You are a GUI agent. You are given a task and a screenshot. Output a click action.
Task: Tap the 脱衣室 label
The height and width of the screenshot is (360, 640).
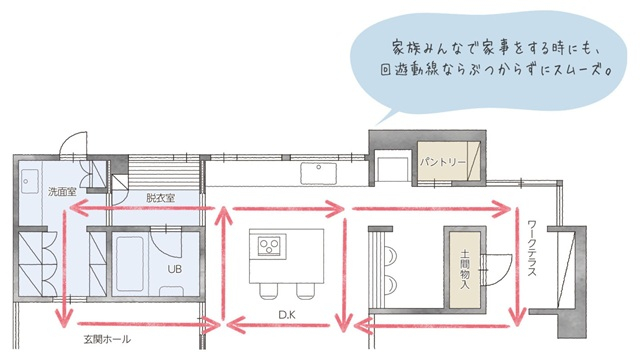tap(160, 198)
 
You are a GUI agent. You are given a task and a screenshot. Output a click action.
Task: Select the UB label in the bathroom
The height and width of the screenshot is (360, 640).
tap(173, 269)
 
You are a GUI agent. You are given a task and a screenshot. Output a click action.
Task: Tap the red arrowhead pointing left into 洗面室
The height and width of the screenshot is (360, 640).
tap(73, 210)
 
